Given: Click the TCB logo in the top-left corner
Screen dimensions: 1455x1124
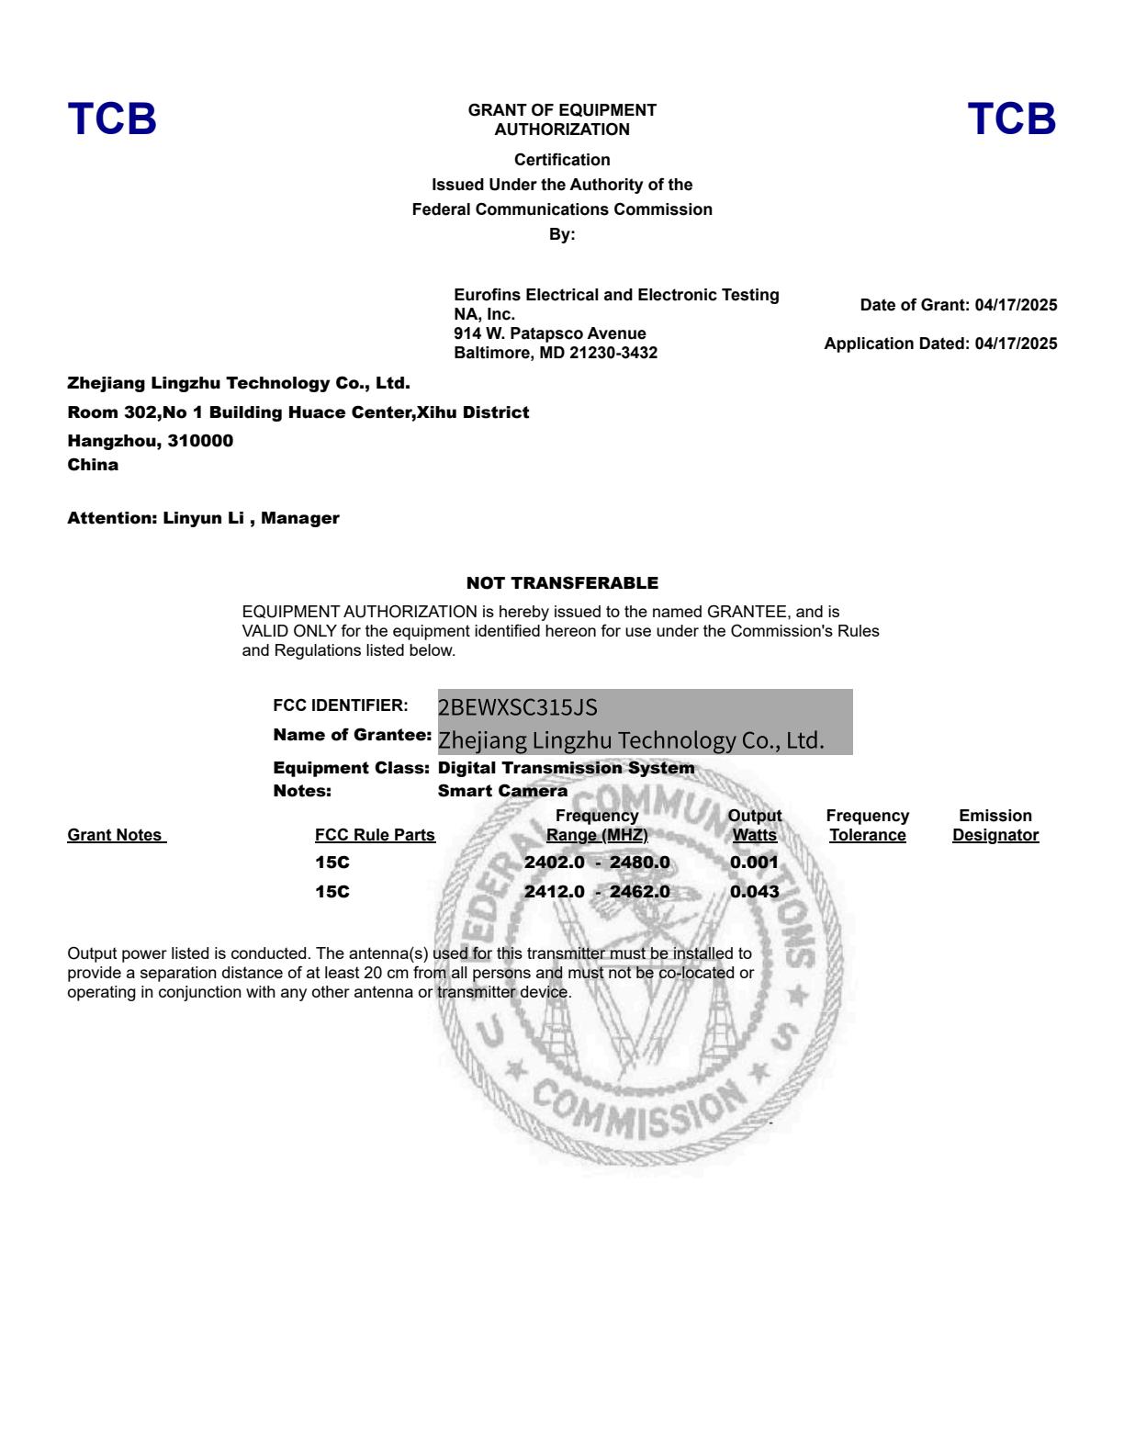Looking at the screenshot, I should (112, 119).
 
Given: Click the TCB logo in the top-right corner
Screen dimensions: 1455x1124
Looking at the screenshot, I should (1012, 119).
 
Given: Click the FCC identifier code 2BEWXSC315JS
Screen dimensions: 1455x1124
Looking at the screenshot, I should (517, 707).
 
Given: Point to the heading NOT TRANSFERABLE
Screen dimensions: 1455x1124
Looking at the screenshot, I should (562, 583).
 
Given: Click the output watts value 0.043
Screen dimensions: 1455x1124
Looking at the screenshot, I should (754, 892).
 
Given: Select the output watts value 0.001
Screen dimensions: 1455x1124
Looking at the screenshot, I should (754, 863).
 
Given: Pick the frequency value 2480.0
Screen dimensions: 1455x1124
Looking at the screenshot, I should (639, 863).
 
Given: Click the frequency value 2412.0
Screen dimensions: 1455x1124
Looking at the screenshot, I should (554, 892).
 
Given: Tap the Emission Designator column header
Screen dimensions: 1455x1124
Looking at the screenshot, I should (995, 826).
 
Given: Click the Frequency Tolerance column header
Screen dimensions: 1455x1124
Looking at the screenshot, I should (867, 826).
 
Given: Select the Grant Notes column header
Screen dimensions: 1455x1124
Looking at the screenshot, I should (116, 835).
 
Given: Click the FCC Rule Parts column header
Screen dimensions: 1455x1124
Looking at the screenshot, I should (375, 835).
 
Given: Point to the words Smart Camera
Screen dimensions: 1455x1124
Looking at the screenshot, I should (502, 791).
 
